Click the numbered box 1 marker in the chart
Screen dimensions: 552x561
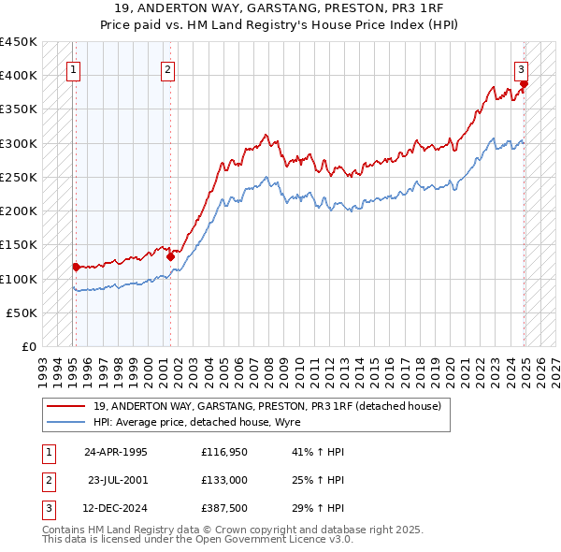[73, 67]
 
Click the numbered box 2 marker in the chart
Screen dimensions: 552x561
[166, 67]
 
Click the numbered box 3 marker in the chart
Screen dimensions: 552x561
[521, 67]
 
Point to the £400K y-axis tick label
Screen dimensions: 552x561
[19, 75]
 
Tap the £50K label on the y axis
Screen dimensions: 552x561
[22, 312]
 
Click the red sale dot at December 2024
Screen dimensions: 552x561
[524, 84]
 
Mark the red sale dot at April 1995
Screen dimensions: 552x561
[76, 267]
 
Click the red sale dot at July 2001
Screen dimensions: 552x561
[170, 255]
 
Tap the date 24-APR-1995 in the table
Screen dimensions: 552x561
[116, 451]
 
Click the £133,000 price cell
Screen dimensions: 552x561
[223, 482]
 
